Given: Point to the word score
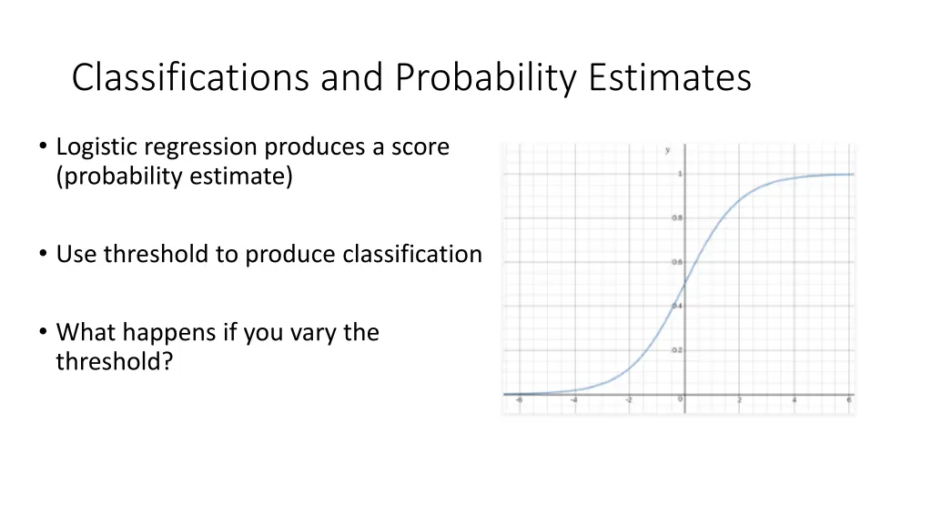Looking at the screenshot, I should (x=420, y=146).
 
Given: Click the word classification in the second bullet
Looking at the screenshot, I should (x=411, y=255).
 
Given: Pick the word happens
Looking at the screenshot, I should (x=164, y=333).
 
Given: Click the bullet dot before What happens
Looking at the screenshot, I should (x=44, y=333).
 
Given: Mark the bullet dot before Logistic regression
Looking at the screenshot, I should (x=44, y=147).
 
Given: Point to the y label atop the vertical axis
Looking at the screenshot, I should (x=667, y=149).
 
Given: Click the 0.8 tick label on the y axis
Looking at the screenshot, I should (x=676, y=218).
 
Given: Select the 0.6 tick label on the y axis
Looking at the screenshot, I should (x=676, y=262).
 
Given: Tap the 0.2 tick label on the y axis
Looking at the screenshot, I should (x=676, y=350).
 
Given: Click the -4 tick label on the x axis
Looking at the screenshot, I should (x=572, y=400).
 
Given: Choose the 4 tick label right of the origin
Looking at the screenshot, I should (x=795, y=400).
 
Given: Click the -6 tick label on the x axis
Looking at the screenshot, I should (x=518, y=400).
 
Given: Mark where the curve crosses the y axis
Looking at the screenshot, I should (x=684, y=284).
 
